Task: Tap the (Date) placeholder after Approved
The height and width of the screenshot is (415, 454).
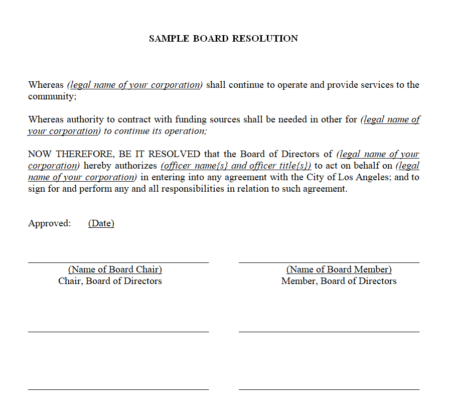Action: (101, 223)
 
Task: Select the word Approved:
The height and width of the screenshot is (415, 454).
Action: (50, 223)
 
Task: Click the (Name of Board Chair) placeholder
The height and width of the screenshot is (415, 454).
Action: (115, 269)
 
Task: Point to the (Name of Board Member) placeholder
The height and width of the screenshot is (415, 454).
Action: (339, 269)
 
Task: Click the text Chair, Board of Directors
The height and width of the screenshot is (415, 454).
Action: (110, 281)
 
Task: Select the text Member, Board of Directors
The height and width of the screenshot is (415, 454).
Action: (339, 281)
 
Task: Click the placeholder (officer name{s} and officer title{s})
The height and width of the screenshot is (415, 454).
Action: (236, 166)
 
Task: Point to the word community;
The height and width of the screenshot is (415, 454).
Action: (52, 96)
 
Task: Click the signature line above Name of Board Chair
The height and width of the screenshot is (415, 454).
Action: (118, 262)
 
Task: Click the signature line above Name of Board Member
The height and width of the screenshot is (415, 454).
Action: (329, 262)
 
